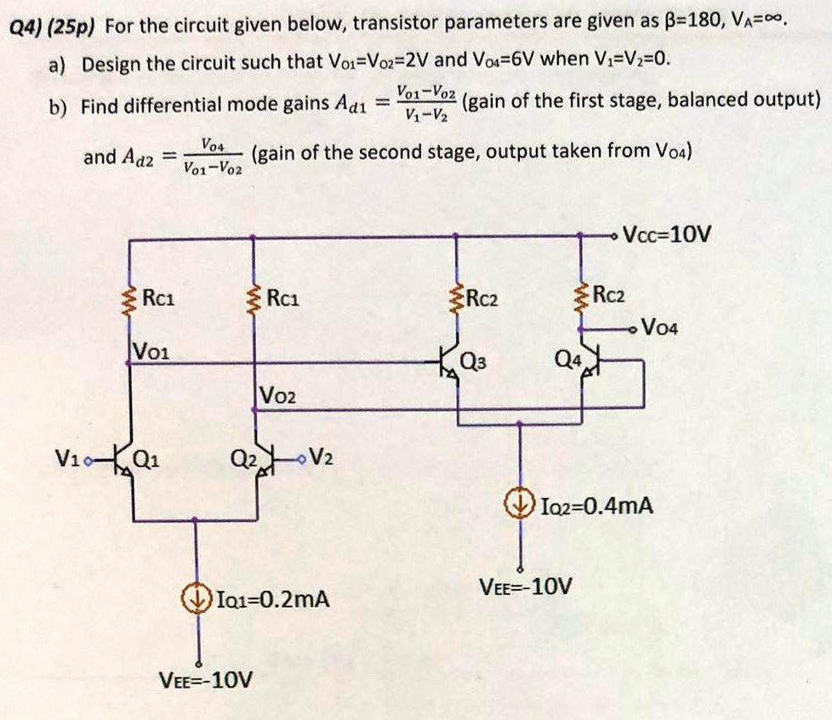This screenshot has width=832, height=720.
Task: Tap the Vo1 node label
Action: point(151,349)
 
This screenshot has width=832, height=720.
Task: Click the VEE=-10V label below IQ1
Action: point(207,680)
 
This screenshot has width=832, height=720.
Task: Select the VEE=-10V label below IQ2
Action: point(527,587)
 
